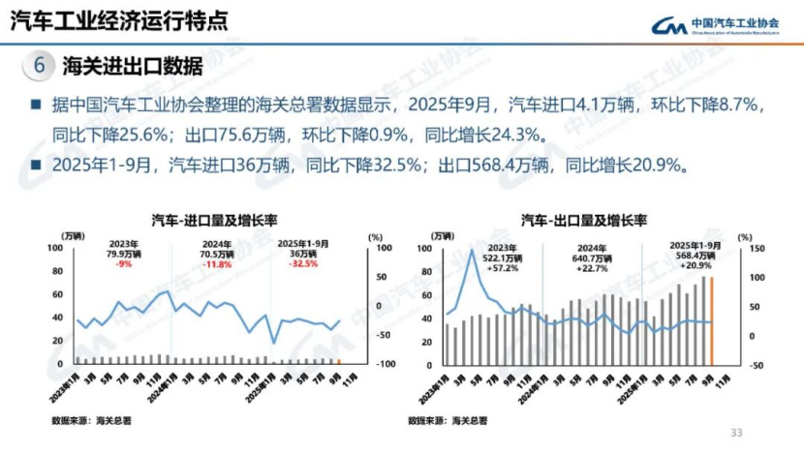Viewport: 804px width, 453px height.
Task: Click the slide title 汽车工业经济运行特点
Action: pos(119,20)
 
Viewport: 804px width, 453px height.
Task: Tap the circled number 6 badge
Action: pos(39,66)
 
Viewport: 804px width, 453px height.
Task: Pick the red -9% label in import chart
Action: pos(124,263)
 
